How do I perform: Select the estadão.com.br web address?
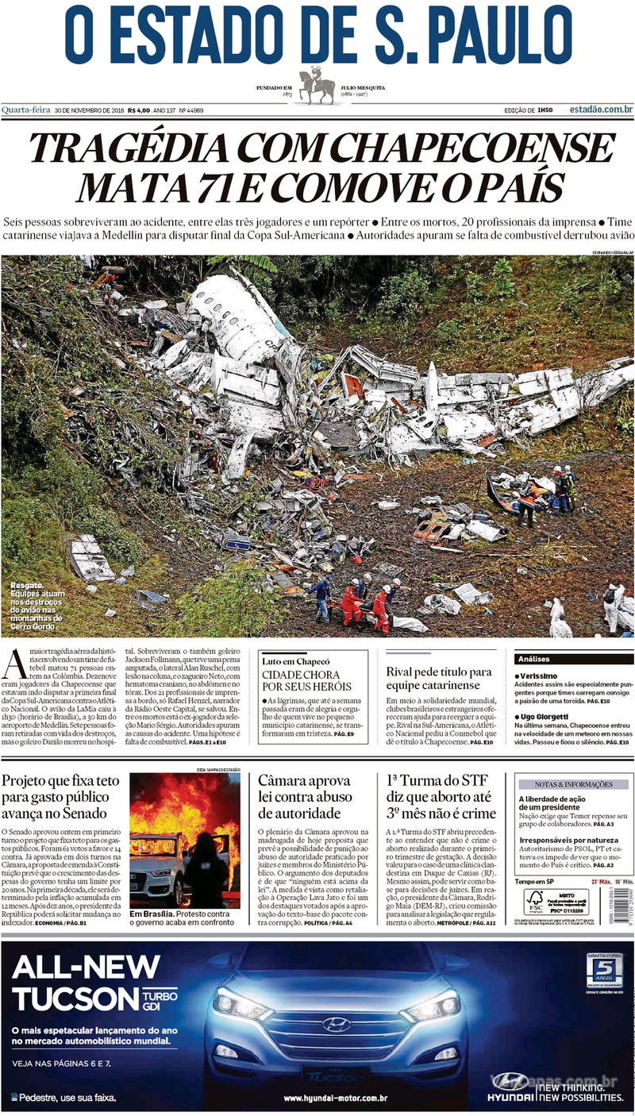tap(600, 110)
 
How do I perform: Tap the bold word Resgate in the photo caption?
tap(26, 587)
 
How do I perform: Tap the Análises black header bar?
tap(573, 659)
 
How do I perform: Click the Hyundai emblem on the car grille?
tap(336, 1025)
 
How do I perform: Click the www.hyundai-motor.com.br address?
tap(335, 1098)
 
